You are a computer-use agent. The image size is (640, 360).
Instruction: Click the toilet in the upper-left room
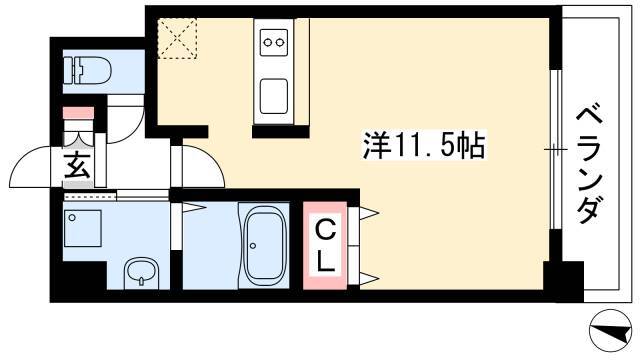87,70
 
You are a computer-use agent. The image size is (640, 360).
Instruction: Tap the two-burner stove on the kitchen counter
273,42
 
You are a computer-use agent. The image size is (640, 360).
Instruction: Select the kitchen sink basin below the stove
273,96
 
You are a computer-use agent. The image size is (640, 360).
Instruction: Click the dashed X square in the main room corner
177,38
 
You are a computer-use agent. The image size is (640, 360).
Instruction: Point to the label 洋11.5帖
424,145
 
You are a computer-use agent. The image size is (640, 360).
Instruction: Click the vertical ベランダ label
589,165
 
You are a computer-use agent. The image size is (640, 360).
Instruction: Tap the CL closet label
325,246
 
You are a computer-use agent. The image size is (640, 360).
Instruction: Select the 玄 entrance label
77,165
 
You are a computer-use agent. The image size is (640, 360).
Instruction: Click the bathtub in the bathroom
264,246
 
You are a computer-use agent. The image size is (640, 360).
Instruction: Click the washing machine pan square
83,228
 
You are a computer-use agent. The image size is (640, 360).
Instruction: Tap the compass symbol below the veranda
611,331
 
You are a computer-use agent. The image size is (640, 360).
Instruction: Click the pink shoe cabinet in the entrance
78,113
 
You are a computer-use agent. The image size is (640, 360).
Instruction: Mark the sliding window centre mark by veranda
555,150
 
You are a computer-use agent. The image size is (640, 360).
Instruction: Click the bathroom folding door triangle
194,207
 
